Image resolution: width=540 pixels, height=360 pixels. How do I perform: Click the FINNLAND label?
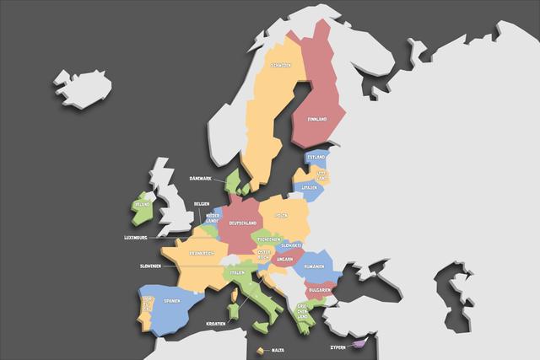coord(317,120)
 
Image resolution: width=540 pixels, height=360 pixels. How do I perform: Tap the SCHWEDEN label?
coord(281,65)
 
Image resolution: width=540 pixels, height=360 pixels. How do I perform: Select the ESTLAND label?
coord(316,158)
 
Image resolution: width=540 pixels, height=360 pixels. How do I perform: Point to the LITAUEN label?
coord(310,187)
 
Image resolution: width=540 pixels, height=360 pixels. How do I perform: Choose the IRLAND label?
coord(141,204)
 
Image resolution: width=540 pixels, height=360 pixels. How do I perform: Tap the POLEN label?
coord(281,216)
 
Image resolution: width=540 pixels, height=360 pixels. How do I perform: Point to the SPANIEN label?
coord(172,301)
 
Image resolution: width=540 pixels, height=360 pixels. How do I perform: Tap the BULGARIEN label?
coord(318,288)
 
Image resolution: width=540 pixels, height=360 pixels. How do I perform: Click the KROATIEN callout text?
coord(216,323)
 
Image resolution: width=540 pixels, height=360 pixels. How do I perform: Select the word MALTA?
coord(278,350)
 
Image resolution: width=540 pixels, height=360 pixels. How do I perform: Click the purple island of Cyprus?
coord(359,341)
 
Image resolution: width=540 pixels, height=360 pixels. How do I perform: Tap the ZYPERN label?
coord(337,347)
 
